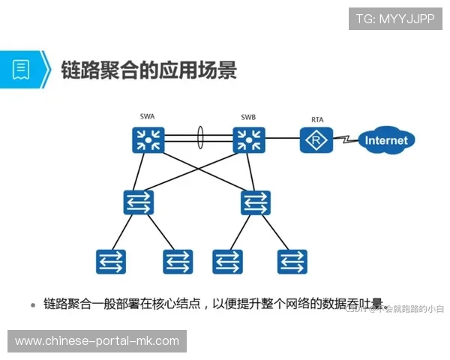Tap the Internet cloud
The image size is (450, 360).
coord(386,140)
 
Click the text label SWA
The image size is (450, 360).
coord(148,118)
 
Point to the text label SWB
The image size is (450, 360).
coord(248,118)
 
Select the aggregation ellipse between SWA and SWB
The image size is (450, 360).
coord(200,139)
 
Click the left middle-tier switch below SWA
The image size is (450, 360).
coord(139,202)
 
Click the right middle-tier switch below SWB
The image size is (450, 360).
coord(255,202)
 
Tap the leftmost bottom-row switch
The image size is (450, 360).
coord(110,261)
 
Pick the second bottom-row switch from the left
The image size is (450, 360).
coord(178,261)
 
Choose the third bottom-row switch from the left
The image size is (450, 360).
coord(226,261)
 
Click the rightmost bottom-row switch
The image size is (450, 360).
coord(292,261)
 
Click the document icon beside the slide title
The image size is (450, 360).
coord(20,70)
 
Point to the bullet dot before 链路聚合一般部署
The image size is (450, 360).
coord(33,305)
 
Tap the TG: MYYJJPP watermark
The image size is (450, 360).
coord(395,19)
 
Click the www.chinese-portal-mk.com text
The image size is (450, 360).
coord(97,341)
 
